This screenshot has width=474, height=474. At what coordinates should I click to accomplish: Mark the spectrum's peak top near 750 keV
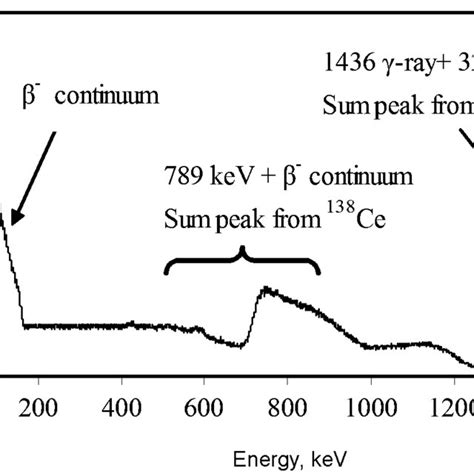tap(265, 290)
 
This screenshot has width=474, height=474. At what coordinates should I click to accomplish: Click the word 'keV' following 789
tap(233, 177)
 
